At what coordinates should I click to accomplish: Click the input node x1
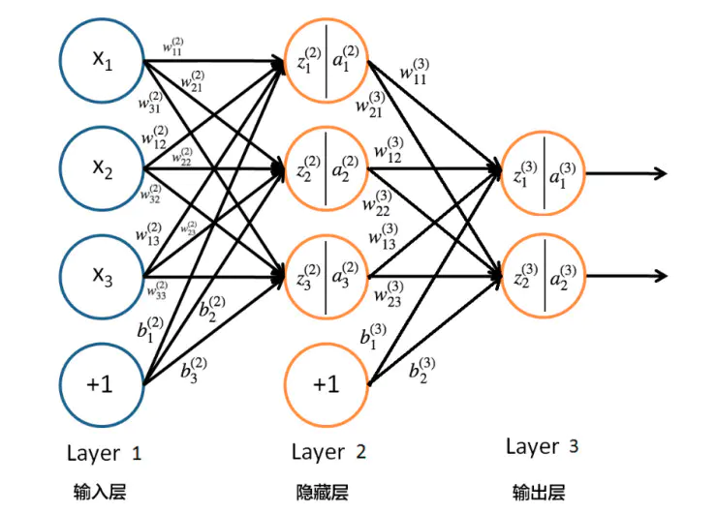tap(102, 60)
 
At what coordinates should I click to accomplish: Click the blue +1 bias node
tap(102, 384)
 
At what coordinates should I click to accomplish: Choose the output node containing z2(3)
tap(543, 276)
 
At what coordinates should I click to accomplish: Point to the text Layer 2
tap(328, 453)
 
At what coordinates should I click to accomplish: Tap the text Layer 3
tap(543, 446)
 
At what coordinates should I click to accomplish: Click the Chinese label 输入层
tap(100, 492)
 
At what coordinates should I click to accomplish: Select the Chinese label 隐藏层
tap(322, 492)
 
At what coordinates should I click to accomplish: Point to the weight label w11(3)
tap(412, 73)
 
